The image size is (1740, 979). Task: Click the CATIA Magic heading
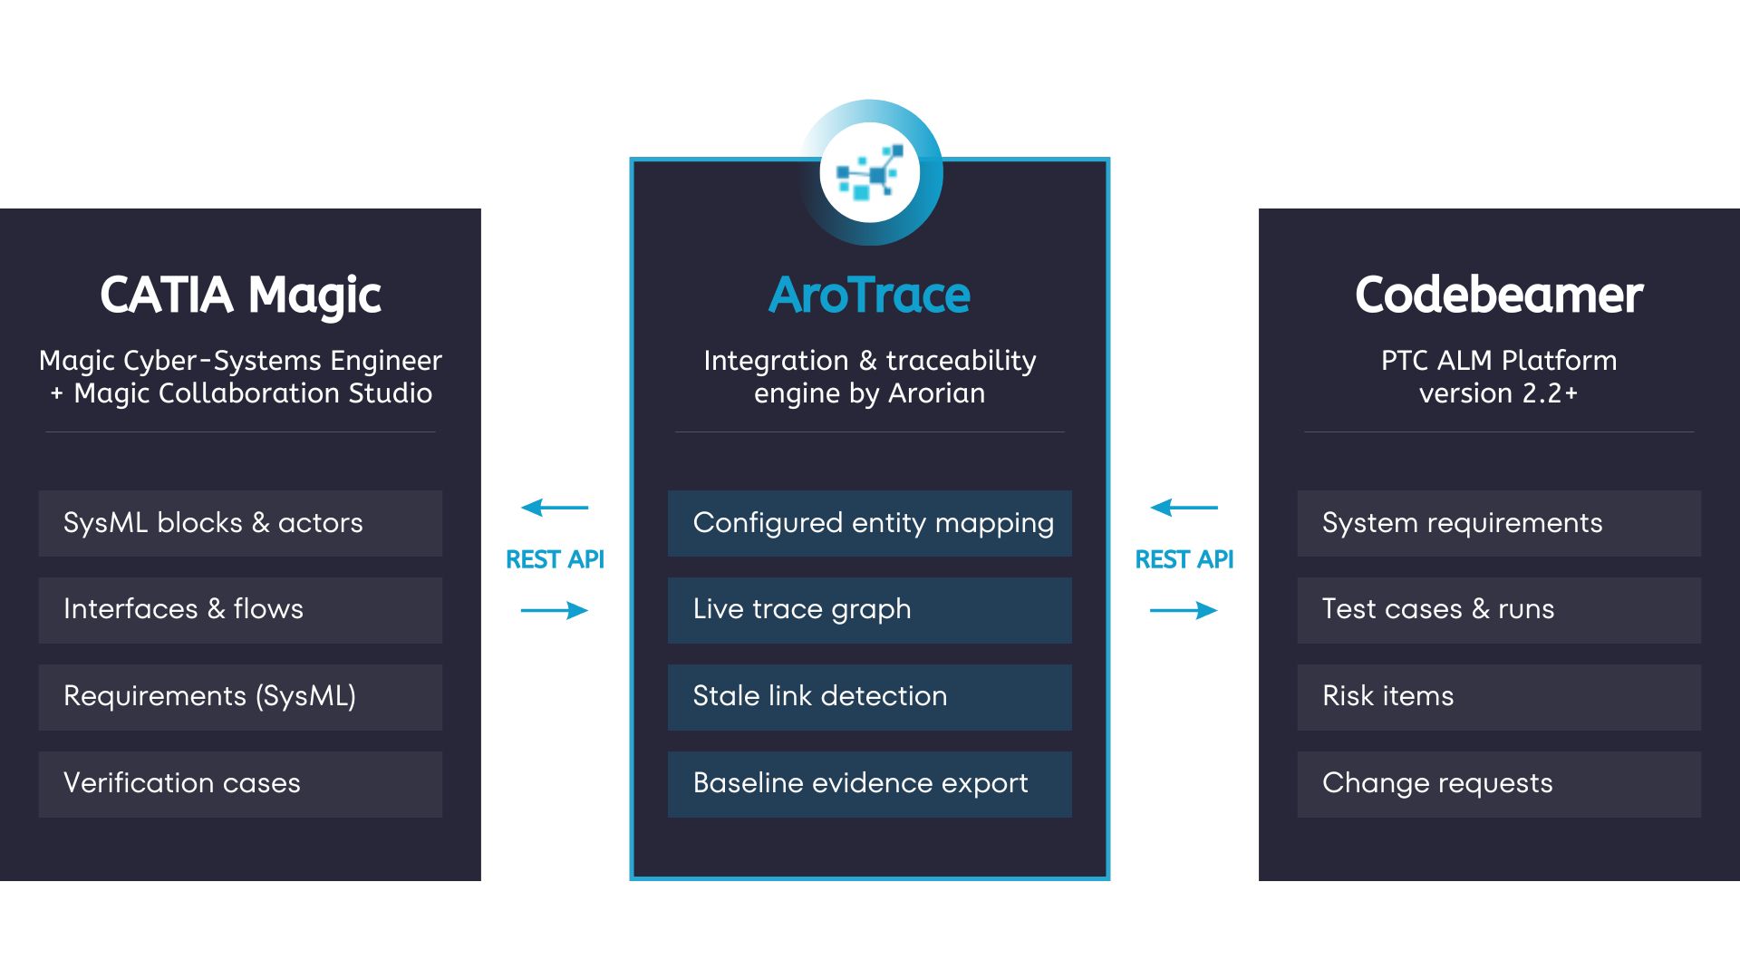point(240,296)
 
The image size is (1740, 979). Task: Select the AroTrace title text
point(869,296)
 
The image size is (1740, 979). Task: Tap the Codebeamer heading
point(1498,296)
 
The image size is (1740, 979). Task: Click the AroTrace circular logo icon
point(870,172)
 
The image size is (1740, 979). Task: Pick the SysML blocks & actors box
point(240,523)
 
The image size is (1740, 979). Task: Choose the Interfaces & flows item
point(240,610)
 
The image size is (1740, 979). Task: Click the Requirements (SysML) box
point(240,697)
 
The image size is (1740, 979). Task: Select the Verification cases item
point(240,784)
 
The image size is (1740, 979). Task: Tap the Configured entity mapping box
point(869,523)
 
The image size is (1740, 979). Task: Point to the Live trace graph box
point(869,610)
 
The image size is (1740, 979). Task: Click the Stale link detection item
point(869,697)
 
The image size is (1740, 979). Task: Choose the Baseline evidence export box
point(869,784)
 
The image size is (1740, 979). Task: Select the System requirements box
point(1498,523)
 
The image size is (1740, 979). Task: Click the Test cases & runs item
point(1498,610)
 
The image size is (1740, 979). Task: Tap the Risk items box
point(1498,697)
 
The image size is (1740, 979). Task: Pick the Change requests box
point(1498,784)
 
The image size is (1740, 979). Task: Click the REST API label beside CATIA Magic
point(555,559)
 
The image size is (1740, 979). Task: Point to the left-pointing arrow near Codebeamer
point(1184,508)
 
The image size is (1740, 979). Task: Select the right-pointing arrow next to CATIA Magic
point(555,610)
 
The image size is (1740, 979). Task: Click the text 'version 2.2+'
point(1498,393)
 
